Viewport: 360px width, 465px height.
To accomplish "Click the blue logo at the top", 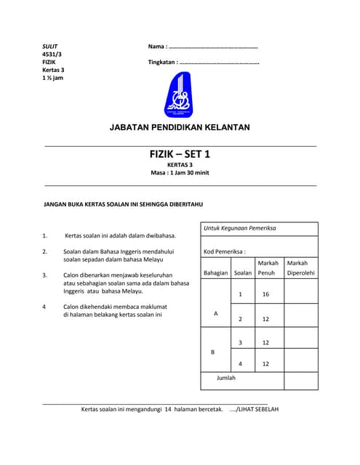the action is click(179, 96).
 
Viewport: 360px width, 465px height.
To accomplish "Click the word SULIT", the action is click(49, 46).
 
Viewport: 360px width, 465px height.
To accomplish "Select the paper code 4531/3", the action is click(52, 54).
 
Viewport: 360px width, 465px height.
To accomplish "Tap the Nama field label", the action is click(160, 46).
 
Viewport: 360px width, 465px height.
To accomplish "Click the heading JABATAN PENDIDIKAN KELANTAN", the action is click(180, 128).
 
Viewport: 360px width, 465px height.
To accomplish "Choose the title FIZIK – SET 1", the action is click(179, 154).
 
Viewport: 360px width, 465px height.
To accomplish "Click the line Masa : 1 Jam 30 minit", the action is click(180, 173).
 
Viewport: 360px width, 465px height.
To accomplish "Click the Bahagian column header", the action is click(216, 273).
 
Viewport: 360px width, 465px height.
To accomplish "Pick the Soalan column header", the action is click(243, 273).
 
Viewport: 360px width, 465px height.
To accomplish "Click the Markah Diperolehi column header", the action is click(301, 268).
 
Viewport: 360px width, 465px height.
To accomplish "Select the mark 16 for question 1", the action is click(265, 294).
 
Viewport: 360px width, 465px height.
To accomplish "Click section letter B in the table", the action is click(213, 352).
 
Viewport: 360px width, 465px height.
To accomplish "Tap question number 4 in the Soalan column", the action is click(241, 363).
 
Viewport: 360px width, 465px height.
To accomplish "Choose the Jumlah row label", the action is click(226, 378).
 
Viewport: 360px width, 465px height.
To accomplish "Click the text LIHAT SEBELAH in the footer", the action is click(257, 409).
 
